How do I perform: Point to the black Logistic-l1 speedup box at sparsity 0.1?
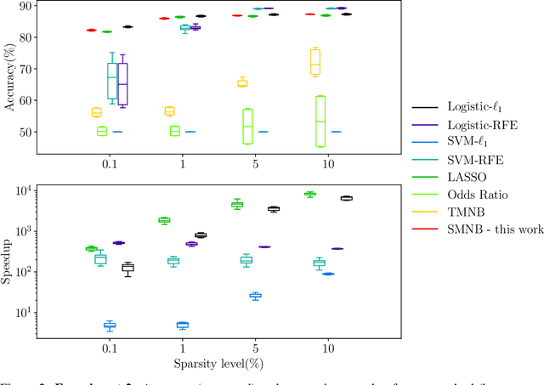(x=128, y=268)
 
